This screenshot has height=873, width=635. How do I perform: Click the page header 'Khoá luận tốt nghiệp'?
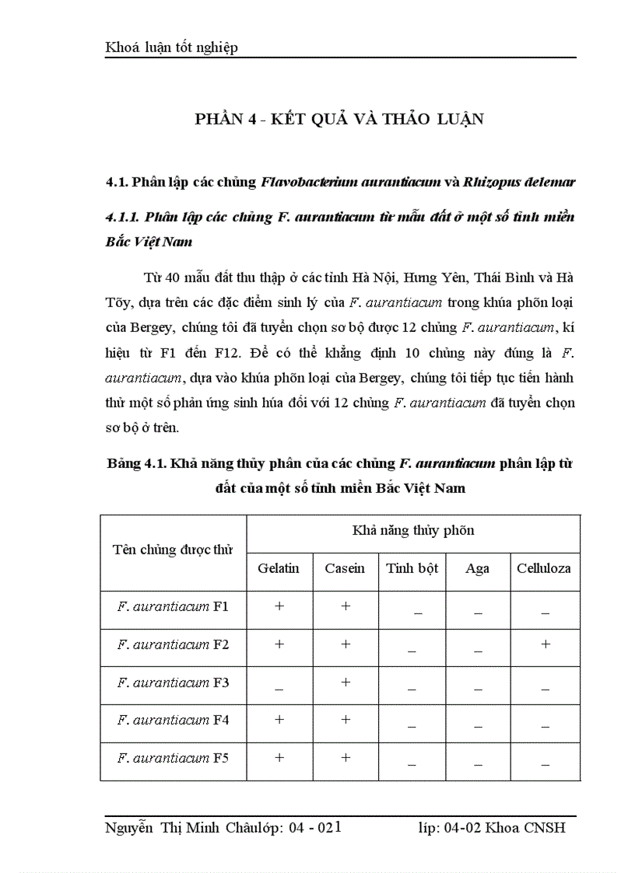click(x=171, y=47)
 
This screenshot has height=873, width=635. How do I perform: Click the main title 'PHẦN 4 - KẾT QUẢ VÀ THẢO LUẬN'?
click(x=339, y=119)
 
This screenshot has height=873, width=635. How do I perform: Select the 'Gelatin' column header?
click(x=279, y=568)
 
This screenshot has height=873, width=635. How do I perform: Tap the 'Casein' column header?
click(x=345, y=568)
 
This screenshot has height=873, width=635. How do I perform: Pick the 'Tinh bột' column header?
click(x=412, y=568)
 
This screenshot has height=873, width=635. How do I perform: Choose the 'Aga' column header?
click(x=477, y=568)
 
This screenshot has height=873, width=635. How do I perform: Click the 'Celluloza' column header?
click(x=544, y=568)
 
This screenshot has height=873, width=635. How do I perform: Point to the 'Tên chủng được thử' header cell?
click(x=173, y=550)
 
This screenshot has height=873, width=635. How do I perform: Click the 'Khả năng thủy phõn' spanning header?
click(x=413, y=531)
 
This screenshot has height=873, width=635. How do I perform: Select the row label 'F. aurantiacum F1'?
click(x=173, y=606)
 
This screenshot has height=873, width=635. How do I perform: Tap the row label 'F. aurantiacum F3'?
click(x=173, y=683)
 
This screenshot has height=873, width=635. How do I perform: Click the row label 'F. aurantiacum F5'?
click(x=173, y=758)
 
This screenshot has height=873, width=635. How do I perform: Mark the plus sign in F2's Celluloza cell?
click(x=546, y=644)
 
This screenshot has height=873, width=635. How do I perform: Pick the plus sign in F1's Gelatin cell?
click(x=279, y=606)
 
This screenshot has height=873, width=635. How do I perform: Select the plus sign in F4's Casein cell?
click(x=346, y=720)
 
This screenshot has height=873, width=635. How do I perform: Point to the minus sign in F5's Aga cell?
click(x=478, y=763)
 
